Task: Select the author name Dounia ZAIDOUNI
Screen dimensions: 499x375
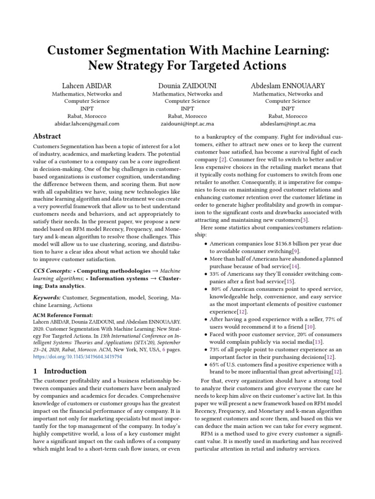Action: click(x=187, y=85)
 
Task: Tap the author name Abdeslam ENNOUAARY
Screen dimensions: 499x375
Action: click(x=288, y=85)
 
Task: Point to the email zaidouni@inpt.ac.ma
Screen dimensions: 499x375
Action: click(x=187, y=124)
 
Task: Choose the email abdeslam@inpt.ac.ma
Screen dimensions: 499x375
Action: click(x=288, y=124)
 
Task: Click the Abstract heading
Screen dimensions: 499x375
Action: click(x=47, y=136)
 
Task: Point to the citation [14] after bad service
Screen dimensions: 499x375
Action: click(x=294, y=266)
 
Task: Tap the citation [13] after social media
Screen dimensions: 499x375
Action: click(x=318, y=343)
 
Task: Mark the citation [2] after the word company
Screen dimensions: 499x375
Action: click(x=223, y=159)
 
